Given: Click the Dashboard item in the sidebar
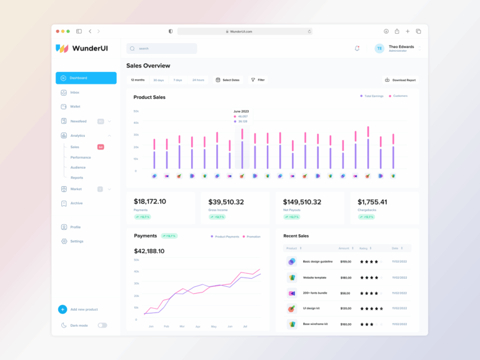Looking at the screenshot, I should [86, 78].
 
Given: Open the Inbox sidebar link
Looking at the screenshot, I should [74, 92].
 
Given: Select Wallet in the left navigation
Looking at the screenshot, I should [74, 106].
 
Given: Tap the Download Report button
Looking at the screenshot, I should [400, 80].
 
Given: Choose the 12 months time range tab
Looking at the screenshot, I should [137, 80].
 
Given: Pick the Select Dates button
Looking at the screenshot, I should [227, 80].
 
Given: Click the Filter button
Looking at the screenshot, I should [257, 80].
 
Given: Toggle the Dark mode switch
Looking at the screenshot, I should [102, 325].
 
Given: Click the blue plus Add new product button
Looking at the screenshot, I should [62, 309].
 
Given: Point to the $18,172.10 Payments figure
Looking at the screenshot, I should [150, 202].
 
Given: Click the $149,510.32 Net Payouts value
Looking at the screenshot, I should [302, 202].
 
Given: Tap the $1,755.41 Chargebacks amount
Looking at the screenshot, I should [372, 202].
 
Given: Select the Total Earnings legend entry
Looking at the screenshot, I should [373, 96].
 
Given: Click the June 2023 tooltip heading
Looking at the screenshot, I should [241, 111].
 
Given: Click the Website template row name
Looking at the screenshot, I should [316, 277].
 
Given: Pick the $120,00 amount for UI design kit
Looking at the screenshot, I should [345, 308].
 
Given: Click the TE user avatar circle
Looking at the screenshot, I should [379, 48].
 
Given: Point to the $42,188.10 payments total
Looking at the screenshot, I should [149, 251].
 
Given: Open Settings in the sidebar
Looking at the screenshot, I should [76, 241].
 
